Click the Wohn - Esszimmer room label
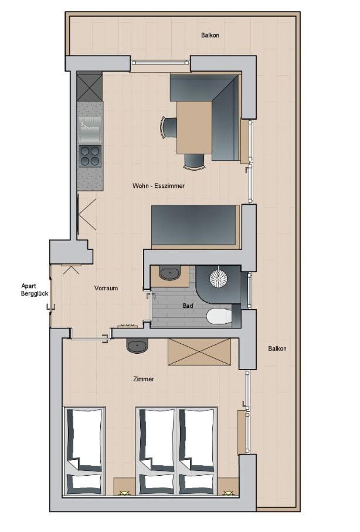click(158, 185)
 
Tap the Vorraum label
click(106, 288)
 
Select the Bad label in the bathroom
click(188, 306)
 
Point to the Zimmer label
click(144, 379)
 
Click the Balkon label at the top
click(210, 35)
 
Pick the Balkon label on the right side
click(277, 348)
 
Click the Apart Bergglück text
click(34, 290)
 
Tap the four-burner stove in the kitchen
click(90, 155)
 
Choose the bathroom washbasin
click(170, 273)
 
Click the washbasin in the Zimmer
click(137, 346)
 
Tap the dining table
click(193, 127)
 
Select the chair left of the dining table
click(168, 127)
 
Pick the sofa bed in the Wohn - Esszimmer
click(195, 226)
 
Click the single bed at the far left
click(84, 450)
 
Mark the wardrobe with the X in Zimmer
click(199, 352)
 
